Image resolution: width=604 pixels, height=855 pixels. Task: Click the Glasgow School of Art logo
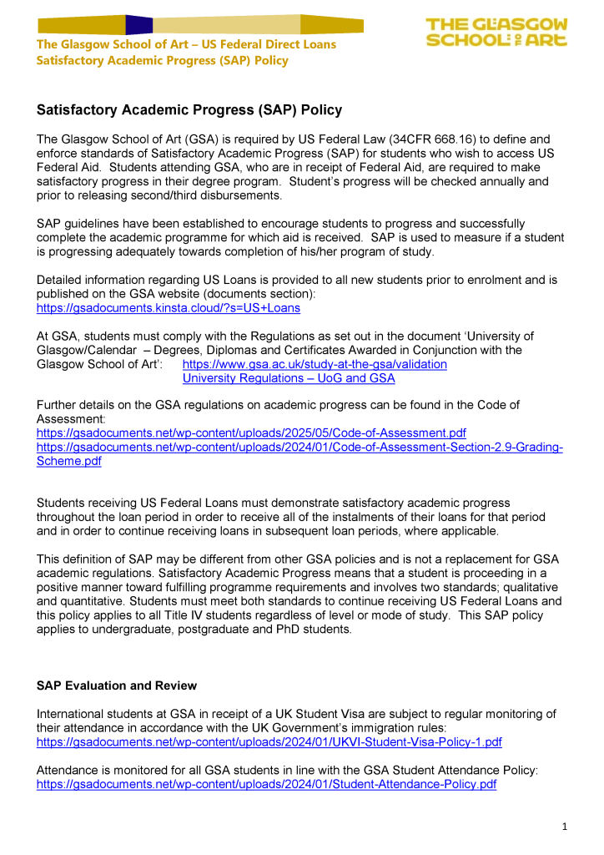coord(496,33)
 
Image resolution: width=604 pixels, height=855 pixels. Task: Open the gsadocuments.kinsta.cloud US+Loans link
coord(169,308)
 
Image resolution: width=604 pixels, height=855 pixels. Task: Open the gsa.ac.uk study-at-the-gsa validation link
coord(315,364)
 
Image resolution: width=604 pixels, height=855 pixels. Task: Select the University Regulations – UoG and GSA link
coord(289,378)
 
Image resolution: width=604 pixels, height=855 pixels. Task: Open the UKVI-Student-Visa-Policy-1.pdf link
coord(269,741)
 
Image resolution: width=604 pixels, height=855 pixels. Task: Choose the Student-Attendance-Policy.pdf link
coord(267,784)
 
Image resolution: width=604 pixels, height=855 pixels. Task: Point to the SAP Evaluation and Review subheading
coord(117,686)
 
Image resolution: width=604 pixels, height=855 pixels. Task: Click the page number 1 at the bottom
coord(564,827)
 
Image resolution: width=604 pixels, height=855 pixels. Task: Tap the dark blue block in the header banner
coord(138,24)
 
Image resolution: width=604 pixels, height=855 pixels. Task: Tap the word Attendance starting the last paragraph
coord(69,771)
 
